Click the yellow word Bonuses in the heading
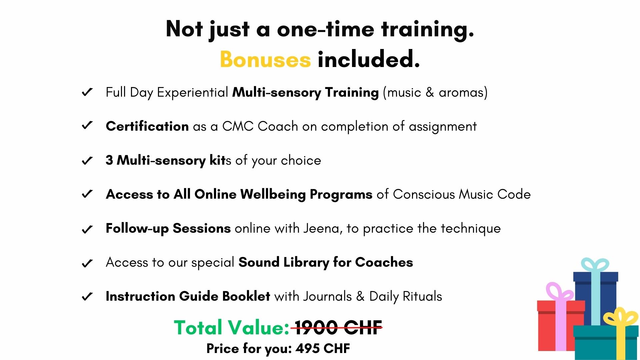pos(265,59)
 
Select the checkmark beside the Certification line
pos(87,126)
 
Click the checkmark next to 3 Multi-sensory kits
pos(87,161)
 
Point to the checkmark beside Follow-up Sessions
pos(87,229)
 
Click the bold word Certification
pos(147,126)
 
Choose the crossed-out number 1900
pos(316,327)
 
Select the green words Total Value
pos(232,327)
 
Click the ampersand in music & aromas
pos(430,92)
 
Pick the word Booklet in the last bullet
pos(246,296)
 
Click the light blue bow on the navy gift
pos(595,265)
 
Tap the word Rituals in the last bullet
pos(422,296)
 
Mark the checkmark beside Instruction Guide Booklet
pos(87,296)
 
